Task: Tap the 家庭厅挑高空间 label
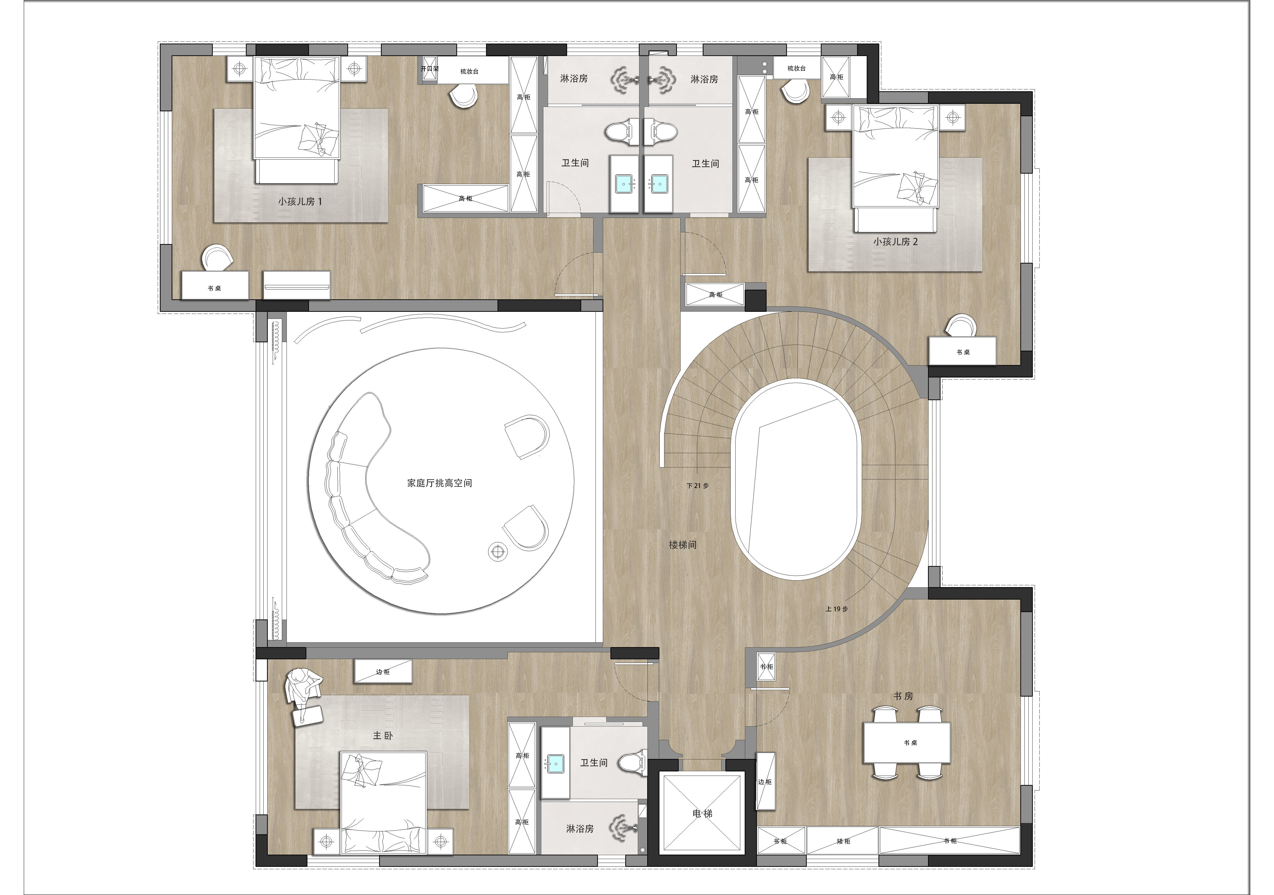[439, 483]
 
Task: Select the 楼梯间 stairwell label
[683, 545]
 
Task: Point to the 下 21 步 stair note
[697, 485]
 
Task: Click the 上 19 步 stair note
[837, 609]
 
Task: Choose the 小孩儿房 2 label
[896, 241]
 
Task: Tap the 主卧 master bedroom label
[383, 735]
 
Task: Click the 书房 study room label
[903, 696]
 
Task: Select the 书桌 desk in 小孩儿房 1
[215, 285]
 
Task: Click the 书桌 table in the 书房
[907, 742]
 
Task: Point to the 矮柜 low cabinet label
[844, 841]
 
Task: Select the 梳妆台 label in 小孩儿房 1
[469, 72]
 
